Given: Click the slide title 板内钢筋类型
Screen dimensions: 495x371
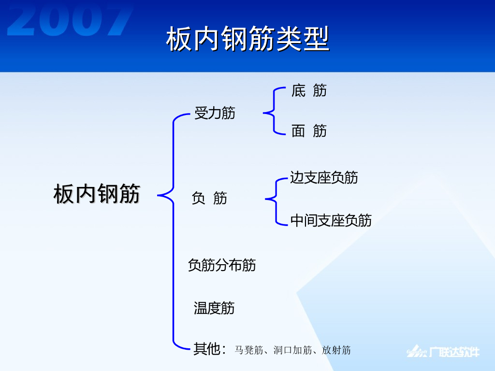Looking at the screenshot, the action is [247, 39].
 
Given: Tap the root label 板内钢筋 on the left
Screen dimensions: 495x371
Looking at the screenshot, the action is [97, 194].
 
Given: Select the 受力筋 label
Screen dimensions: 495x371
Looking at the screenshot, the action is [215, 114].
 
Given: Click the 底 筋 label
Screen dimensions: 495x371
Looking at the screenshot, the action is [309, 90].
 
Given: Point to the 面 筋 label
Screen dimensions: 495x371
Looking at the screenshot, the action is [309, 130].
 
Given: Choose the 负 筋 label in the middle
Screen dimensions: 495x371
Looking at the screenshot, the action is [209, 198].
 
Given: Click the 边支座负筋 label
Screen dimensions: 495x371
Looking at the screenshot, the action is [324, 177].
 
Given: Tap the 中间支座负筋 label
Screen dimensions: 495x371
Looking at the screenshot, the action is [331, 220].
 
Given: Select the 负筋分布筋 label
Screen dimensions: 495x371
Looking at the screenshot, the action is [222, 265].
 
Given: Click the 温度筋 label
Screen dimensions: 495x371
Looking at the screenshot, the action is [214, 308].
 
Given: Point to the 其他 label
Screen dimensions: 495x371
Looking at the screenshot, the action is [207, 349].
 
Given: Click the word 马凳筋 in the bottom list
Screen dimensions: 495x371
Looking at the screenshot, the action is [248, 350].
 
